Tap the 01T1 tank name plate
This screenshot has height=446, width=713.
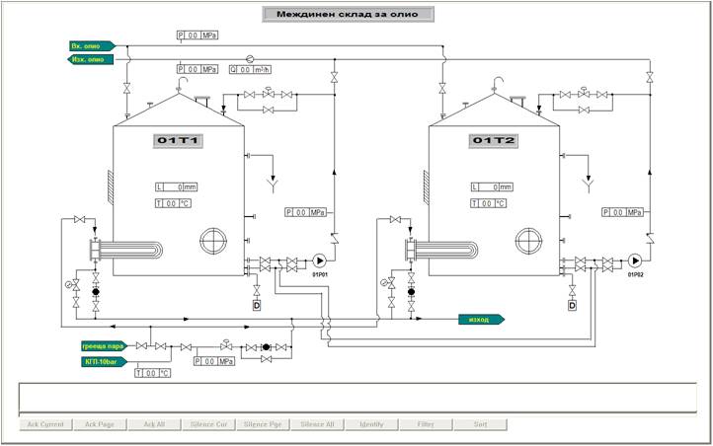coord(179,141)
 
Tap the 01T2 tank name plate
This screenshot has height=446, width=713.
coord(494,141)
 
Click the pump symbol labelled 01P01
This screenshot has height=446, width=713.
coord(319,261)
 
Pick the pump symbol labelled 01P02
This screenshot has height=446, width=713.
coord(634,261)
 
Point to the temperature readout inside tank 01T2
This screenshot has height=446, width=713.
coord(488,203)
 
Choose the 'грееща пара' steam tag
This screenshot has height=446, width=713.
coord(103,346)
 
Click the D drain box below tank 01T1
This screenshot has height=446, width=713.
coord(257,305)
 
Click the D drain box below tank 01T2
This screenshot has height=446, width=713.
coord(572,305)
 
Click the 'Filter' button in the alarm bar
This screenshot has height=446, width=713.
coord(426,424)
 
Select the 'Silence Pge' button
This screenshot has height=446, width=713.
coord(263,424)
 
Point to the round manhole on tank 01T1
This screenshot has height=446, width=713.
coord(213,241)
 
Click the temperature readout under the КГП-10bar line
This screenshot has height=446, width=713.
coord(153,373)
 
